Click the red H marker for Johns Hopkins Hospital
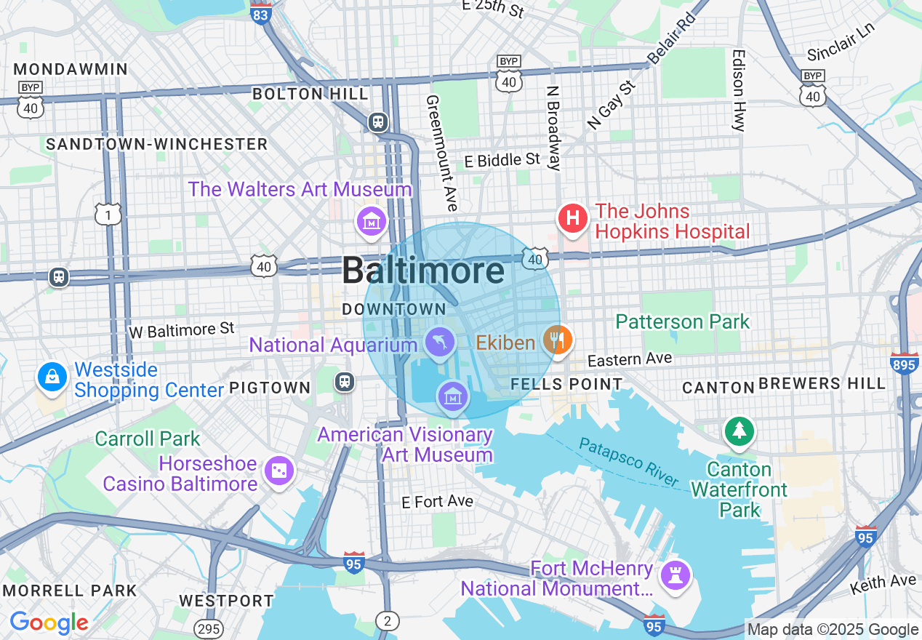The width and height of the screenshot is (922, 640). [573, 218]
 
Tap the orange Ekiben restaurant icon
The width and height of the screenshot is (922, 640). [558, 340]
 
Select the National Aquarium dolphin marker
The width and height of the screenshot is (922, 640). [439, 343]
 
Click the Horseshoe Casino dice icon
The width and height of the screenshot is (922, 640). [278, 471]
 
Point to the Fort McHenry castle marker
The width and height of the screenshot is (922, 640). [675, 576]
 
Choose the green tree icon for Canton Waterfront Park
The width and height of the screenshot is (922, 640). [739, 431]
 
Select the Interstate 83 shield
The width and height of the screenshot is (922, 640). [260, 12]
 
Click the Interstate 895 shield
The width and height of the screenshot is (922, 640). [904, 364]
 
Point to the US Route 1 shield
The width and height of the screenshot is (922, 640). [108, 214]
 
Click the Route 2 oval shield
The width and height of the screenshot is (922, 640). [388, 620]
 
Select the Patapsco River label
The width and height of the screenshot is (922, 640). [630, 462]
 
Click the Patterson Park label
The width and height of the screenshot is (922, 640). [682, 321]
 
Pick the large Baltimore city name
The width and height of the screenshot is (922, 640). [422, 271]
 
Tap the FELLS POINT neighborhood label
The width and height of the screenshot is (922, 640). [566, 384]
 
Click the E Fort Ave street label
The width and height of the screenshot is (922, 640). [438, 501]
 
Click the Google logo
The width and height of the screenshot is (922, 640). [49, 623]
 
